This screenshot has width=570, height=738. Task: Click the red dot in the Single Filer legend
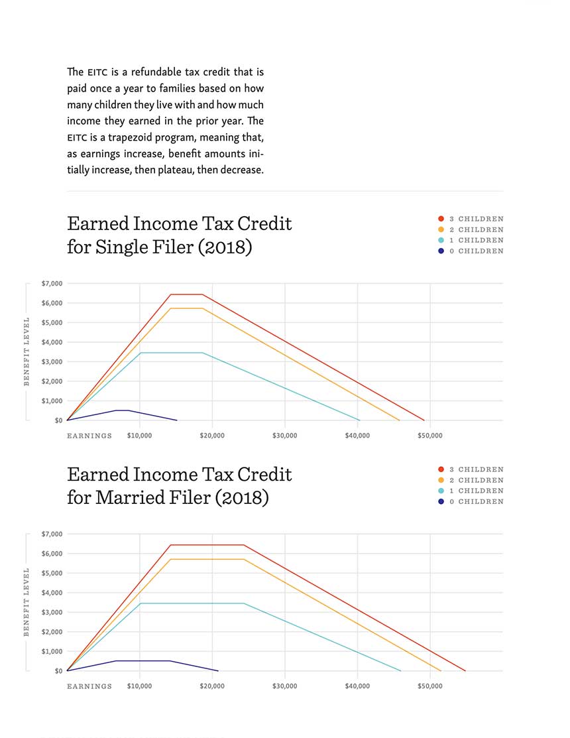coord(441,219)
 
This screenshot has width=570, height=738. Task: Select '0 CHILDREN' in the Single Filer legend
coord(476,251)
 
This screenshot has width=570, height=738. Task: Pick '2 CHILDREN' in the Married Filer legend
coord(476,480)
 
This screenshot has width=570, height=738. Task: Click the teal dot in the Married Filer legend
coord(441,491)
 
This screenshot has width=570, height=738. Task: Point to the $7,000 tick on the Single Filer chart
coord(52,283)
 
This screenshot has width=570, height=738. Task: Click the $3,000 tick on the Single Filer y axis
coord(52,361)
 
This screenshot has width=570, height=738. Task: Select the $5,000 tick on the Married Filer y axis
coord(52,573)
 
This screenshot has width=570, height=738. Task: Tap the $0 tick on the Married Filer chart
coord(58,670)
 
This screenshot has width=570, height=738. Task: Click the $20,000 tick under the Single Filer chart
coord(212,436)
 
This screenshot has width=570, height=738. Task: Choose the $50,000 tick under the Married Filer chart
coord(430,686)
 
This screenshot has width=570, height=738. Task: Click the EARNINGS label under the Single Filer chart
coord(89,436)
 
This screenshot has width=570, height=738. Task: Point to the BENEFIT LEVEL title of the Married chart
coord(27,602)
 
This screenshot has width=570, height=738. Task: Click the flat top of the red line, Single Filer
coord(186,294)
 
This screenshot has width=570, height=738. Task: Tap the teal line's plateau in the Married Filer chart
coord(192,603)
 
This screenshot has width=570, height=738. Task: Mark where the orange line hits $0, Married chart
coord(441,670)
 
